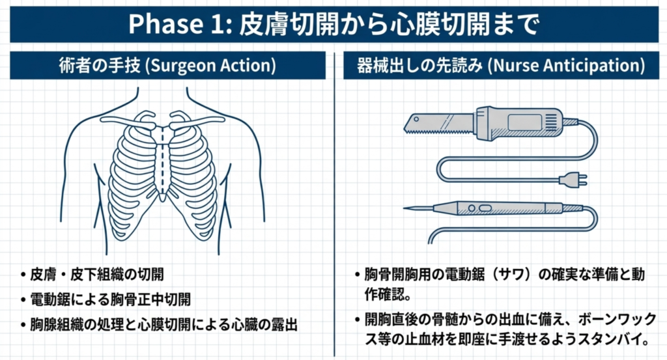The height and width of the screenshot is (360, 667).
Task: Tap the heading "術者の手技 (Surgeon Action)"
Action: click(167, 66)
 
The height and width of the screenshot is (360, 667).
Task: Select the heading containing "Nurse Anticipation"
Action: click(501, 66)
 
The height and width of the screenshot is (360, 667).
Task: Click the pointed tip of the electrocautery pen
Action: click(409, 208)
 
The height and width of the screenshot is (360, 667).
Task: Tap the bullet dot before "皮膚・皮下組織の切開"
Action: click(23, 274)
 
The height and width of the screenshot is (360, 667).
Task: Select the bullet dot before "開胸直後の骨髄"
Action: click(359, 320)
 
